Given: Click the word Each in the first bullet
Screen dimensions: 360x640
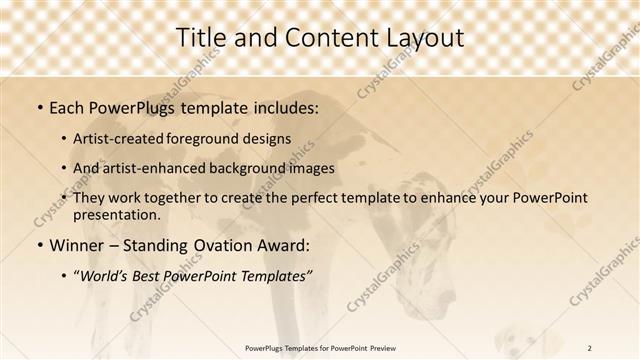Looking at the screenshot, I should (67, 105).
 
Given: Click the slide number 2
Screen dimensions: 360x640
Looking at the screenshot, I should (590, 348).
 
